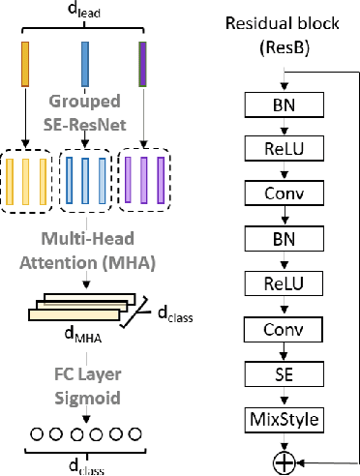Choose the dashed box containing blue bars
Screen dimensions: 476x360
click(x=86, y=181)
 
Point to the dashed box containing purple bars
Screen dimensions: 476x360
click(x=142, y=181)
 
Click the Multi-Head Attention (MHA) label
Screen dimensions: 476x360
click(x=85, y=249)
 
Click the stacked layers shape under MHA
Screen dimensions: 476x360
click(x=81, y=308)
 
